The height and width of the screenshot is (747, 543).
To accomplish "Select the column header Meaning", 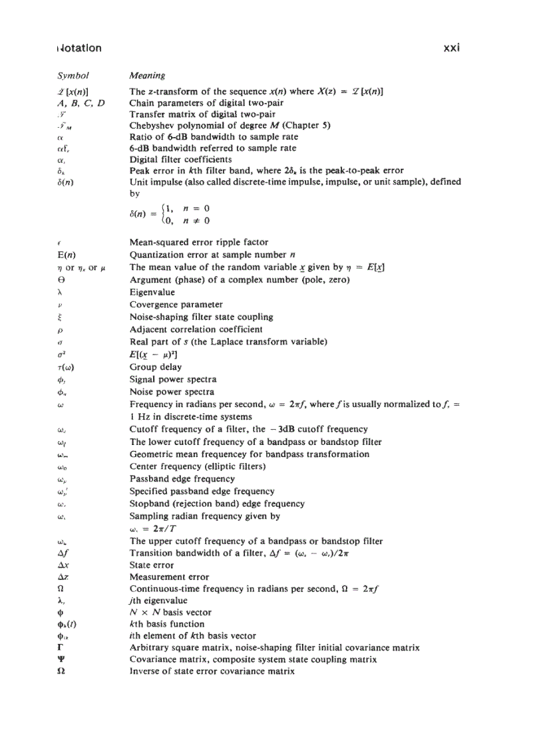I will tap(147, 76).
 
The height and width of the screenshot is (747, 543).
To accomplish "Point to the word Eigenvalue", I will tap(152, 292).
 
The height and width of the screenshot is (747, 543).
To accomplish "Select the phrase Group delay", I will tap(155, 367).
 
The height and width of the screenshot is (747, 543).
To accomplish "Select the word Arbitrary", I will tap(150, 647).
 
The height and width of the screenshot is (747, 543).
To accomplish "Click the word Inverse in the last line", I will tap(146, 672).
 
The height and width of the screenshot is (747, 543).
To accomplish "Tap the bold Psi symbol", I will tap(61, 660).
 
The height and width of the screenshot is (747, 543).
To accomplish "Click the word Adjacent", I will tap(149, 329).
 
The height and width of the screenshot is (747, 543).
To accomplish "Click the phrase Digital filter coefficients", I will tap(181, 160).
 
